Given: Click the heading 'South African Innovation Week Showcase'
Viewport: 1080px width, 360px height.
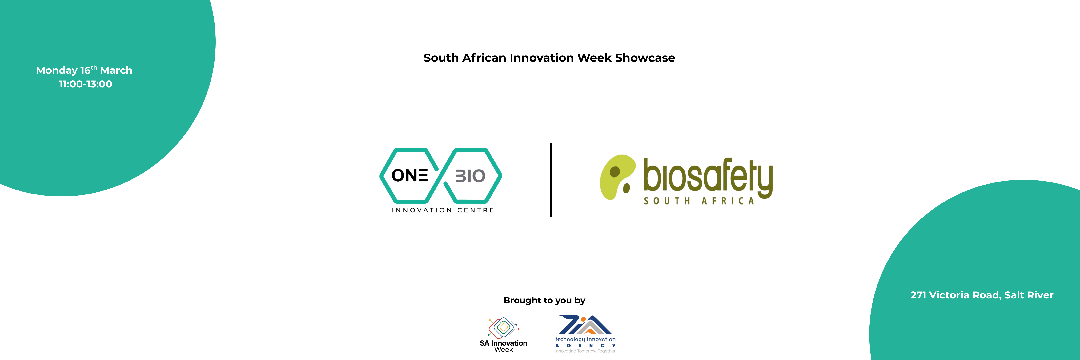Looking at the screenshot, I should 549,58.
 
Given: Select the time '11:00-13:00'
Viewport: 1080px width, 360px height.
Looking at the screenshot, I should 86,84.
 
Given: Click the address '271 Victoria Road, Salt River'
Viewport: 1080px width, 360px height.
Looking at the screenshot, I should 982,295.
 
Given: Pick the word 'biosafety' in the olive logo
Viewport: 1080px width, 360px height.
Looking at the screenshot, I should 708,176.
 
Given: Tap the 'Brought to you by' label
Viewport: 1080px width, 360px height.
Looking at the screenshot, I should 544,301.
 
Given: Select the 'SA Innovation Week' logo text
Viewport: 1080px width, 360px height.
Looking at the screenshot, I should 504,346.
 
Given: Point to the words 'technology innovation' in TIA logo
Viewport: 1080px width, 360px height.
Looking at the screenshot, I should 585,339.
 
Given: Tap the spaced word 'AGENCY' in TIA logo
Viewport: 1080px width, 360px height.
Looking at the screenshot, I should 585,346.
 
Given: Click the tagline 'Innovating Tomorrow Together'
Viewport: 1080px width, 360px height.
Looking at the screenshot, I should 585,351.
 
